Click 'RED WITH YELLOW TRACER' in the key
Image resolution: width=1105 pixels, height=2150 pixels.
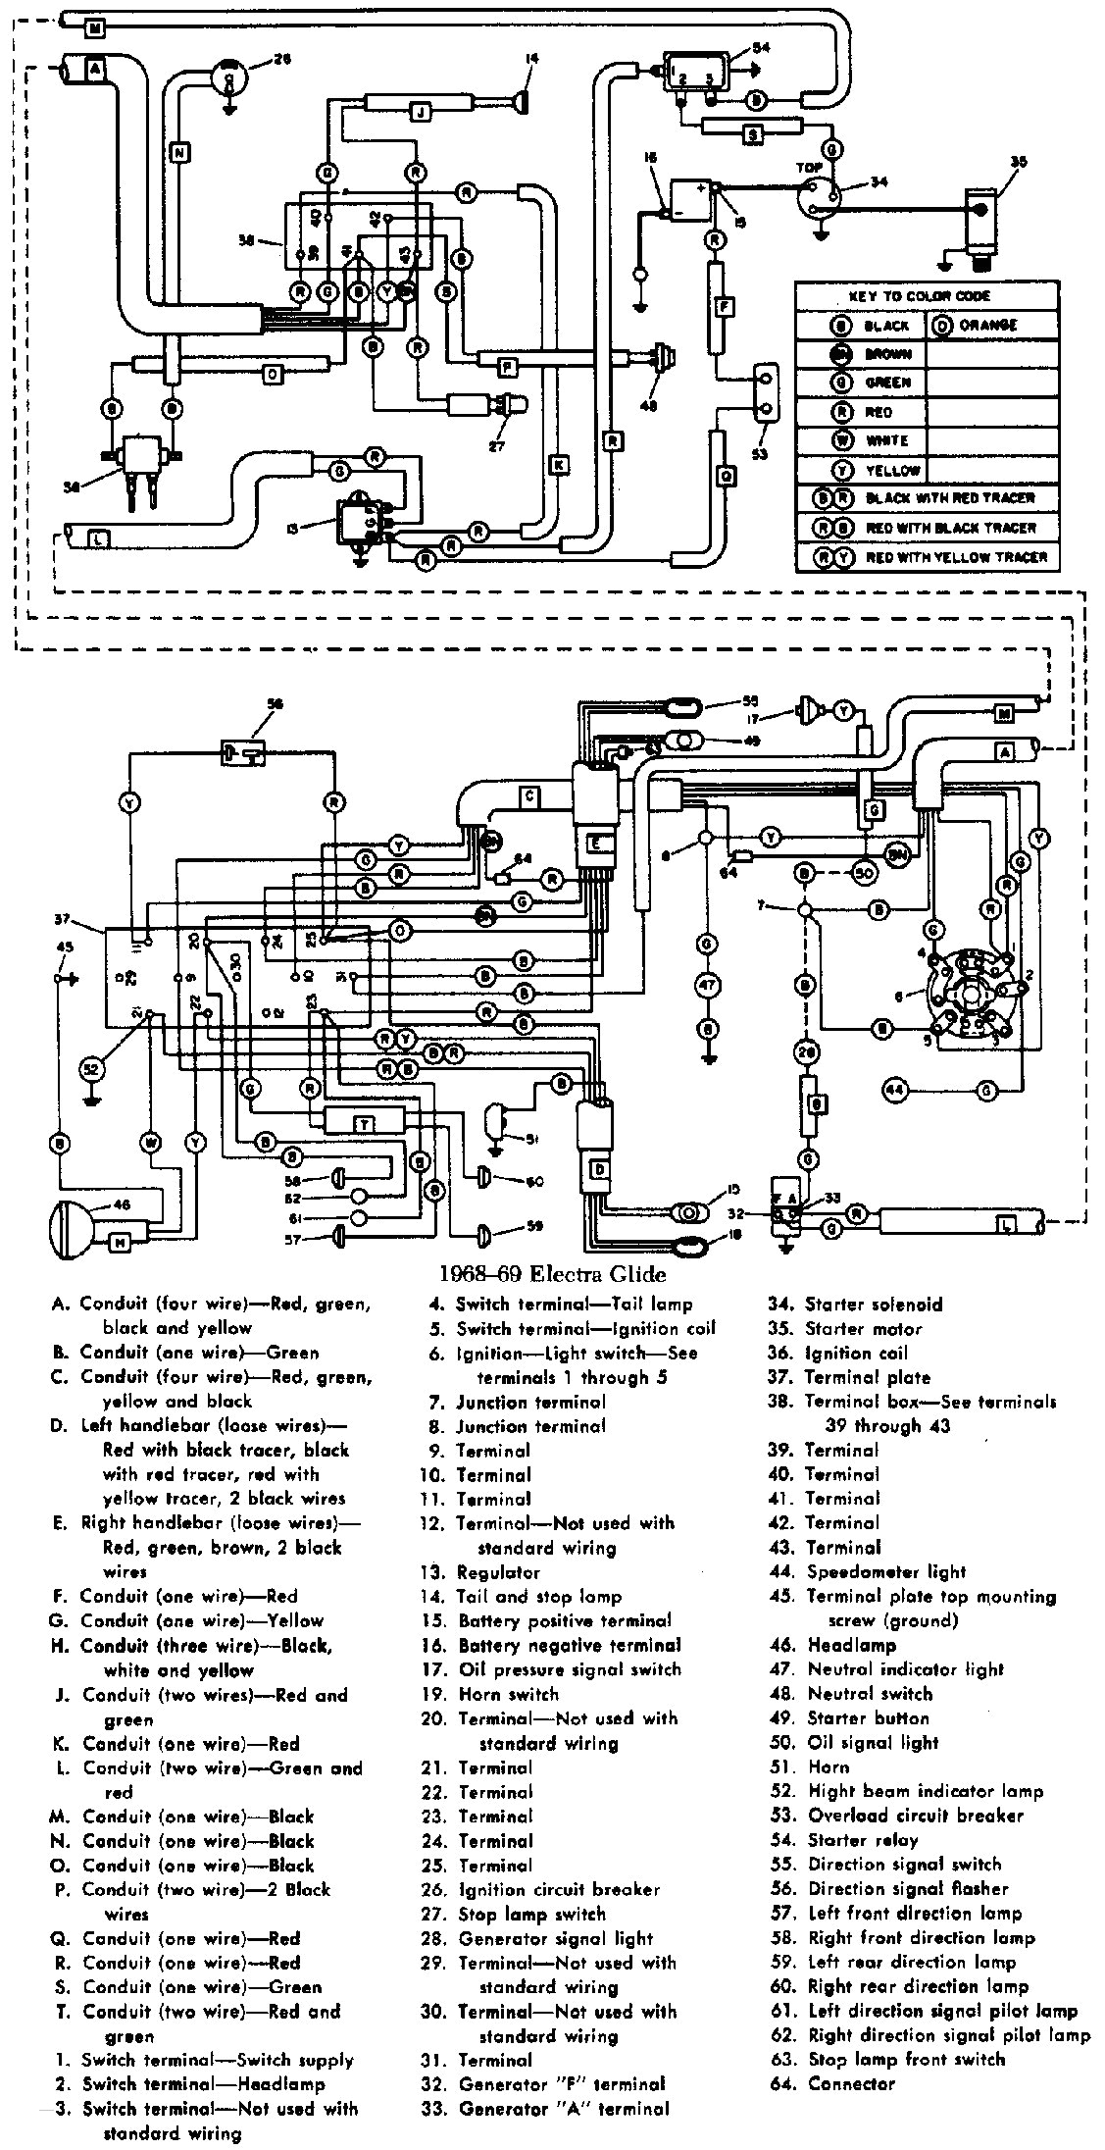(956, 557)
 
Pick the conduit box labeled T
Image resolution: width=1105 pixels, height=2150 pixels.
(363, 1123)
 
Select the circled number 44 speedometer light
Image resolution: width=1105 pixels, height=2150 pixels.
(894, 1089)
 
